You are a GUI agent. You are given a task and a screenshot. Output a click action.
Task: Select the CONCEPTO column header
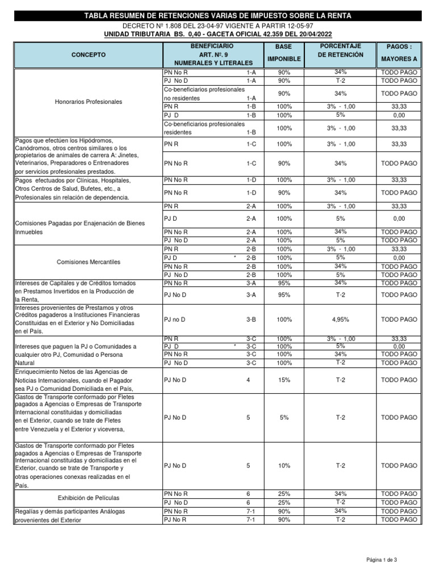point(88,54)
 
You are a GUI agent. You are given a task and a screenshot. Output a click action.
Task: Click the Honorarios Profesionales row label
point(88,102)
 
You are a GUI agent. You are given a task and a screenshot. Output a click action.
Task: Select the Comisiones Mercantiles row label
point(88,262)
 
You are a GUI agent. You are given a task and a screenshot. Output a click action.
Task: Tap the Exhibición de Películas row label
point(88,498)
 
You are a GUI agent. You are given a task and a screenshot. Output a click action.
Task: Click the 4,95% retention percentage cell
point(341,319)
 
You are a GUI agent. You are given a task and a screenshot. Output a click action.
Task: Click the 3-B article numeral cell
point(251,319)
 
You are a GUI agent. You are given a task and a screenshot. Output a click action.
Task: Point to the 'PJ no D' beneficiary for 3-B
point(175,319)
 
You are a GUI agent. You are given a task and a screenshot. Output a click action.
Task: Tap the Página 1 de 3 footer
point(382,560)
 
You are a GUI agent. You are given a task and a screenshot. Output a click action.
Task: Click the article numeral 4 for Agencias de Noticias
point(248,380)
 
